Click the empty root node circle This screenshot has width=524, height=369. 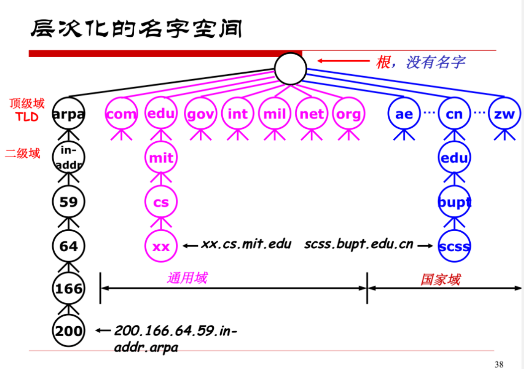pyautogui.click(x=290, y=69)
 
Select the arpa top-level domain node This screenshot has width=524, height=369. pyautogui.click(x=69, y=114)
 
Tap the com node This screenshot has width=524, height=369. pyautogui.click(x=121, y=114)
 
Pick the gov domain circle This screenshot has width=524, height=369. pyautogui.click(x=201, y=114)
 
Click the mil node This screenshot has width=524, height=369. pyautogui.click(x=275, y=114)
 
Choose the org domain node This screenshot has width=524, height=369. pyautogui.click(x=349, y=114)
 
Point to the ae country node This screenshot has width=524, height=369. pyautogui.click(x=404, y=114)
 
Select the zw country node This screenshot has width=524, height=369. pyautogui.click(x=505, y=114)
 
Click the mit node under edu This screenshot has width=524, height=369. pyautogui.click(x=161, y=158)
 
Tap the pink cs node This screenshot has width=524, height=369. pyautogui.click(x=161, y=202)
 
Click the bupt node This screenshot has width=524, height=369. pyautogui.click(x=454, y=202)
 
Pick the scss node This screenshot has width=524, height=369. pyautogui.click(x=454, y=246)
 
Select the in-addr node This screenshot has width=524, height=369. pyautogui.click(x=69, y=158)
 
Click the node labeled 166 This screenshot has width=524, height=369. pyautogui.click(x=69, y=288)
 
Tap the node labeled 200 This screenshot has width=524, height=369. pyautogui.click(x=69, y=330)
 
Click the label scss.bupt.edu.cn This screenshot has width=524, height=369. pyautogui.click(x=358, y=245)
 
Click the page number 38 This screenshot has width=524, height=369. pyautogui.click(x=499, y=364)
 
